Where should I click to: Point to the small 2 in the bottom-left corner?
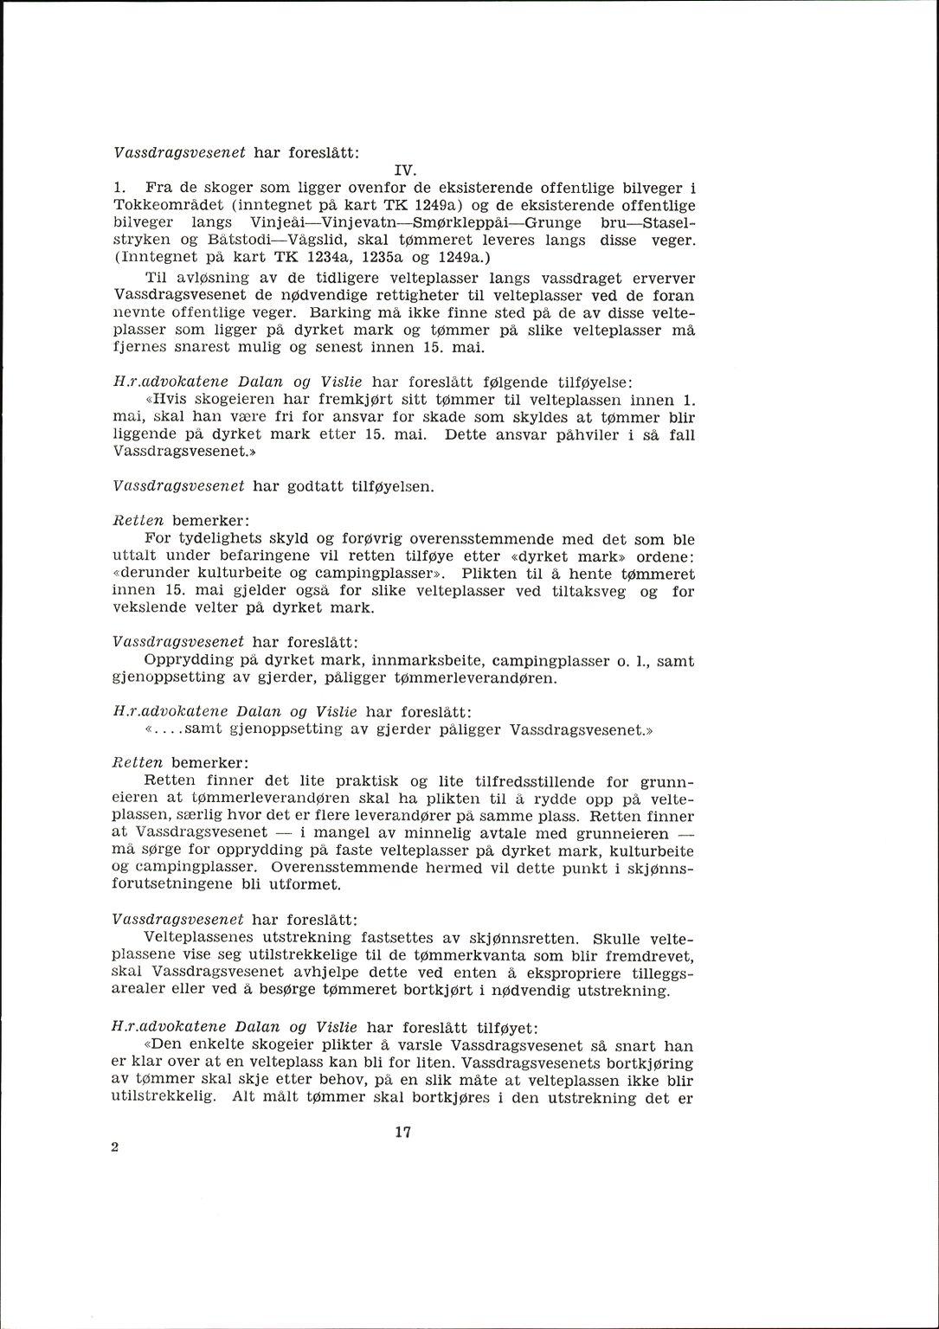tap(115, 1146)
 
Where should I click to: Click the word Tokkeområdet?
tap(164, 206)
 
